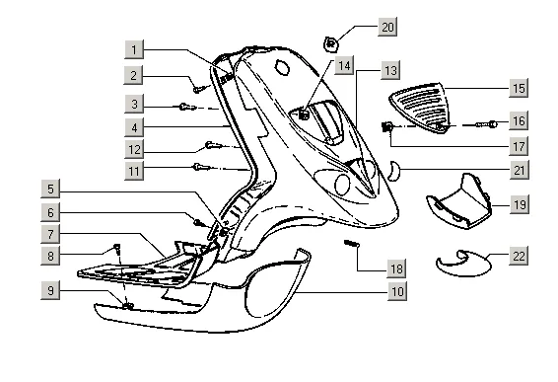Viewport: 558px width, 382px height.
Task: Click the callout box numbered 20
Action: tap(387, 27)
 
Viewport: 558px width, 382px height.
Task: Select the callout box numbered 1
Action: tap(134, 49)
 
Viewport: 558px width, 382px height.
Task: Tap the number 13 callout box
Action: tap(390, 70)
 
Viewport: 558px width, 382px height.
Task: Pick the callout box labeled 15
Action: tap(519, 88)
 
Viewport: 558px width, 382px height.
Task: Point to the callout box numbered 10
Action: tap(397, 291)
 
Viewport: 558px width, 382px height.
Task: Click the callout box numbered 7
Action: tap(50, 234)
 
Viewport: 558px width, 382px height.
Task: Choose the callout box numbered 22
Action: tap(519, 256)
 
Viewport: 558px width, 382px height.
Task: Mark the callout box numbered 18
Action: tap(396, 268)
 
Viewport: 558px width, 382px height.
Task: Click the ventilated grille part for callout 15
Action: tap(418, 107)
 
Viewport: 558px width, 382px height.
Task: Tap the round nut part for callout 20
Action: tap(330, 44)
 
